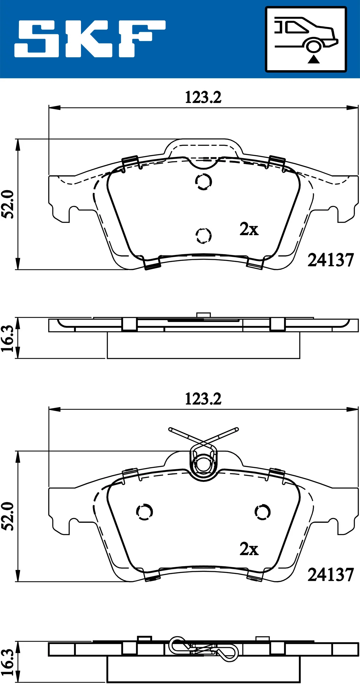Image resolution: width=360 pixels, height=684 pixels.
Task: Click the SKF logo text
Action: click(x=90, y=39)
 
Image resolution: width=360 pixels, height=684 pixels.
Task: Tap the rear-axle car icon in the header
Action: click(x=306, y=39)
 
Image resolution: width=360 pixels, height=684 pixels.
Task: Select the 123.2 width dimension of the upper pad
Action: click(x=203, y=98)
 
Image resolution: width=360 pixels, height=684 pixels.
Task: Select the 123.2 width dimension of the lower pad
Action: click(x=203, y=399)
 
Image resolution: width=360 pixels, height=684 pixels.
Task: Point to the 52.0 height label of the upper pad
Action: click(x=8, y=204)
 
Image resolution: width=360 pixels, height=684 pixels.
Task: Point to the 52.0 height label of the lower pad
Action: click(x=8, y=516)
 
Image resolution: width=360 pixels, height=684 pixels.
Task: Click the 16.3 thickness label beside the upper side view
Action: click(x=8, y=338)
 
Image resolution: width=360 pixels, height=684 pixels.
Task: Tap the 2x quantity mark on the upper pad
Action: click(x=249, y=229)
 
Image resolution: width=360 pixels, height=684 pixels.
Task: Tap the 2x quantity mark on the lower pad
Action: click(x=249, y=549)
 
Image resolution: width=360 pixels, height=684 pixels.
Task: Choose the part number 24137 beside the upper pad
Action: click(x=330, y=260)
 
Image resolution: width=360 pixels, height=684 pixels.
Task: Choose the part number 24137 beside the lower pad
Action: click(x=330, y=575)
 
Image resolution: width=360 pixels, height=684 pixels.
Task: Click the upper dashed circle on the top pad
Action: click(x=203, y=181)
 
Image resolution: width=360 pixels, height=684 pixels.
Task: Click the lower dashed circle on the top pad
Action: click(x=203, y=235)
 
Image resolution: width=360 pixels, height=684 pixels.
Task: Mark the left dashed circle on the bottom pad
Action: click(x=145, y=512)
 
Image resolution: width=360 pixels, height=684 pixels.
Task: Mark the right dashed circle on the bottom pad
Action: click(x=262, y=512)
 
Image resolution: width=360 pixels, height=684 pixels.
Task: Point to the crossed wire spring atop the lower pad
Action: click(x=203, y=439)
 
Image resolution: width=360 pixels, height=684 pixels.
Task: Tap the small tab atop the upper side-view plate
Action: click(x=203, y=315)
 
